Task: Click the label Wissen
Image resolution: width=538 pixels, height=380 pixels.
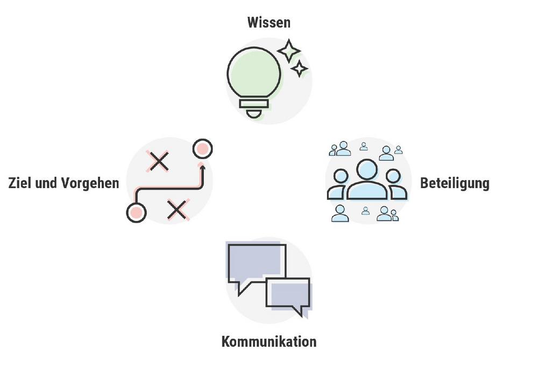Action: coord(268,23)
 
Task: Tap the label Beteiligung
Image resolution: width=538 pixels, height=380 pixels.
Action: coord(455,183)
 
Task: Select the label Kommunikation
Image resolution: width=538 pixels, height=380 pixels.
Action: coord(268,342)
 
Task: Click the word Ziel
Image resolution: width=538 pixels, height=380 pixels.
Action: coord(20,183)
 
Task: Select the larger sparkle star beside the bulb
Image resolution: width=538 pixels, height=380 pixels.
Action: coord(289,51)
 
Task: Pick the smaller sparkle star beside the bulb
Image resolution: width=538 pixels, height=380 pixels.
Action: coord(299,68)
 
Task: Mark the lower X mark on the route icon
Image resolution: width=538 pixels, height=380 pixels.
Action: coord(176,209)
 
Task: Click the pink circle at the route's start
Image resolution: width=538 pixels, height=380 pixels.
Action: coord(136,212)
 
